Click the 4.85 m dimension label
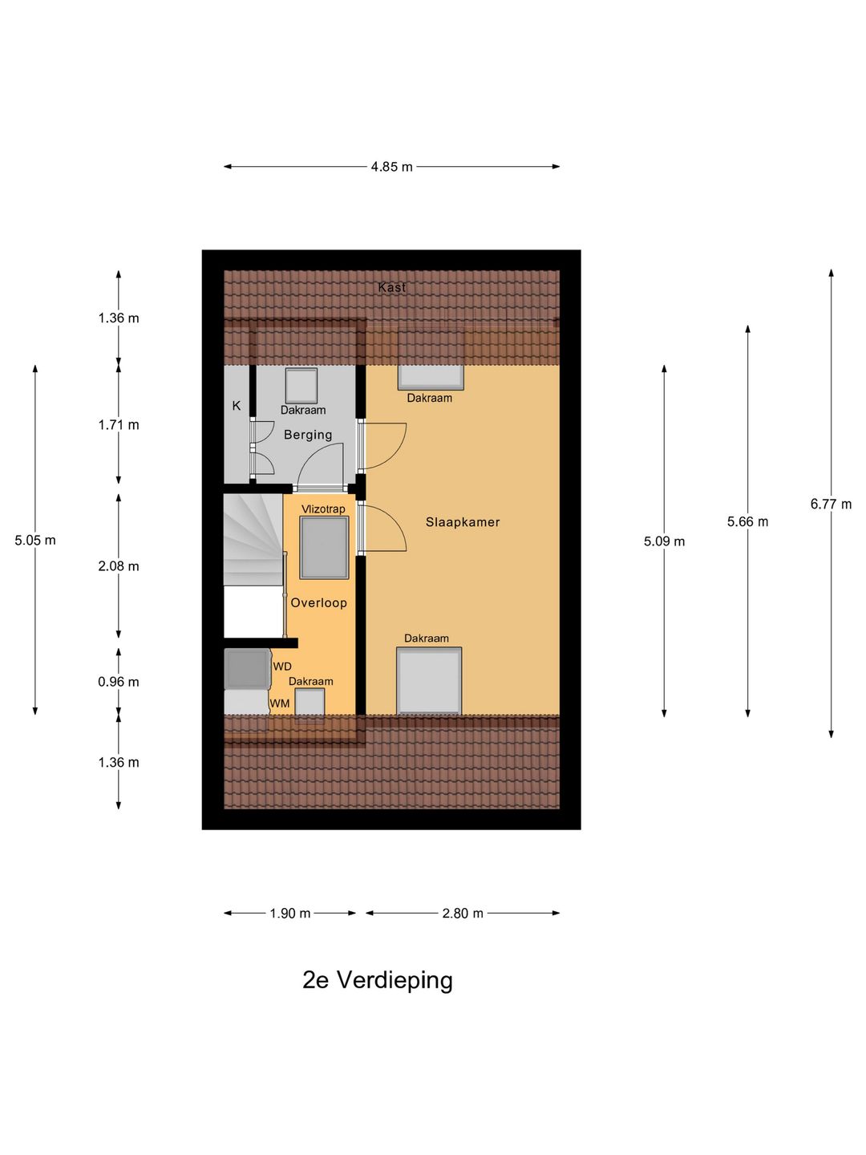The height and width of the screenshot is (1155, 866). click(x=391, y=167)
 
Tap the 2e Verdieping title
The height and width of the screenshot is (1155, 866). click(x=378, y=980)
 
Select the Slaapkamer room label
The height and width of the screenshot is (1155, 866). click(x=463, y=522)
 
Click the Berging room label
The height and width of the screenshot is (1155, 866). click(x=308, y=435)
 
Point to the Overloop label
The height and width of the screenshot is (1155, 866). click(x=318, y=603)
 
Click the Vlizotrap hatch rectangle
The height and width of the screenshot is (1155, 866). click(x=324, y=548)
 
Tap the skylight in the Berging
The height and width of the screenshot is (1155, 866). click(x=301, y=386)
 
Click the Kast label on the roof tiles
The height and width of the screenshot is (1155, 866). click(x=392, y=287)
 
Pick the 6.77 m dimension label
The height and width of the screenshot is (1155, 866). click(x=831, y=505)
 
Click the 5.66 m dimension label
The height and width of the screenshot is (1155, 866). click(x=747, y=522)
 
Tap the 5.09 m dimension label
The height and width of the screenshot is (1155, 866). click(x=664, y=541)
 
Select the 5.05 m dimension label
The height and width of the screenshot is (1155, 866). click(x=35, y=541)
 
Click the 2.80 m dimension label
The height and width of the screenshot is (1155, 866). click(x=463, y=914)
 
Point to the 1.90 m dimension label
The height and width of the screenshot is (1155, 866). click(x=289, y=914)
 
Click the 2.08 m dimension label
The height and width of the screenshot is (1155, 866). click(x=119, y=566)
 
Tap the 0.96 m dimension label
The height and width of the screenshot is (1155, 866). click(x=119, y=683)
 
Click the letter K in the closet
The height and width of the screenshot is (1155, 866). click(x=237, y=406)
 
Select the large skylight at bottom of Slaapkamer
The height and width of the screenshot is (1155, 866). click(x=429, y=681)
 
